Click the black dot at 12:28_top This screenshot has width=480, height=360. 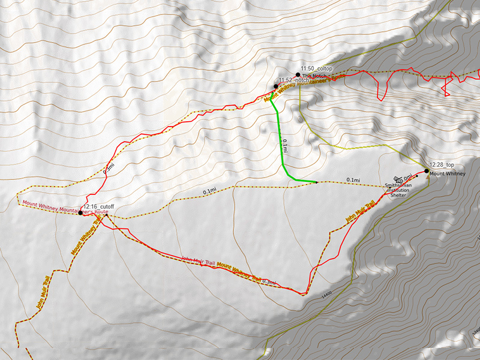tap(427, 171)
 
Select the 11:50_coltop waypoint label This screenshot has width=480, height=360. tap(316, 69)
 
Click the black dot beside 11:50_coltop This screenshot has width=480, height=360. tap(298, 75)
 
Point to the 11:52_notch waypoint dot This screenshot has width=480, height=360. tap(276, 86)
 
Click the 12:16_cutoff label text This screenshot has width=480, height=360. tap(99, 206)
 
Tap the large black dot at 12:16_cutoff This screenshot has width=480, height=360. tap(81, 212)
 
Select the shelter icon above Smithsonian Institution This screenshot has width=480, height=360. tap(397, 178)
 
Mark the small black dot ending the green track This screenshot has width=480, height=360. tap(316, 182)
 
